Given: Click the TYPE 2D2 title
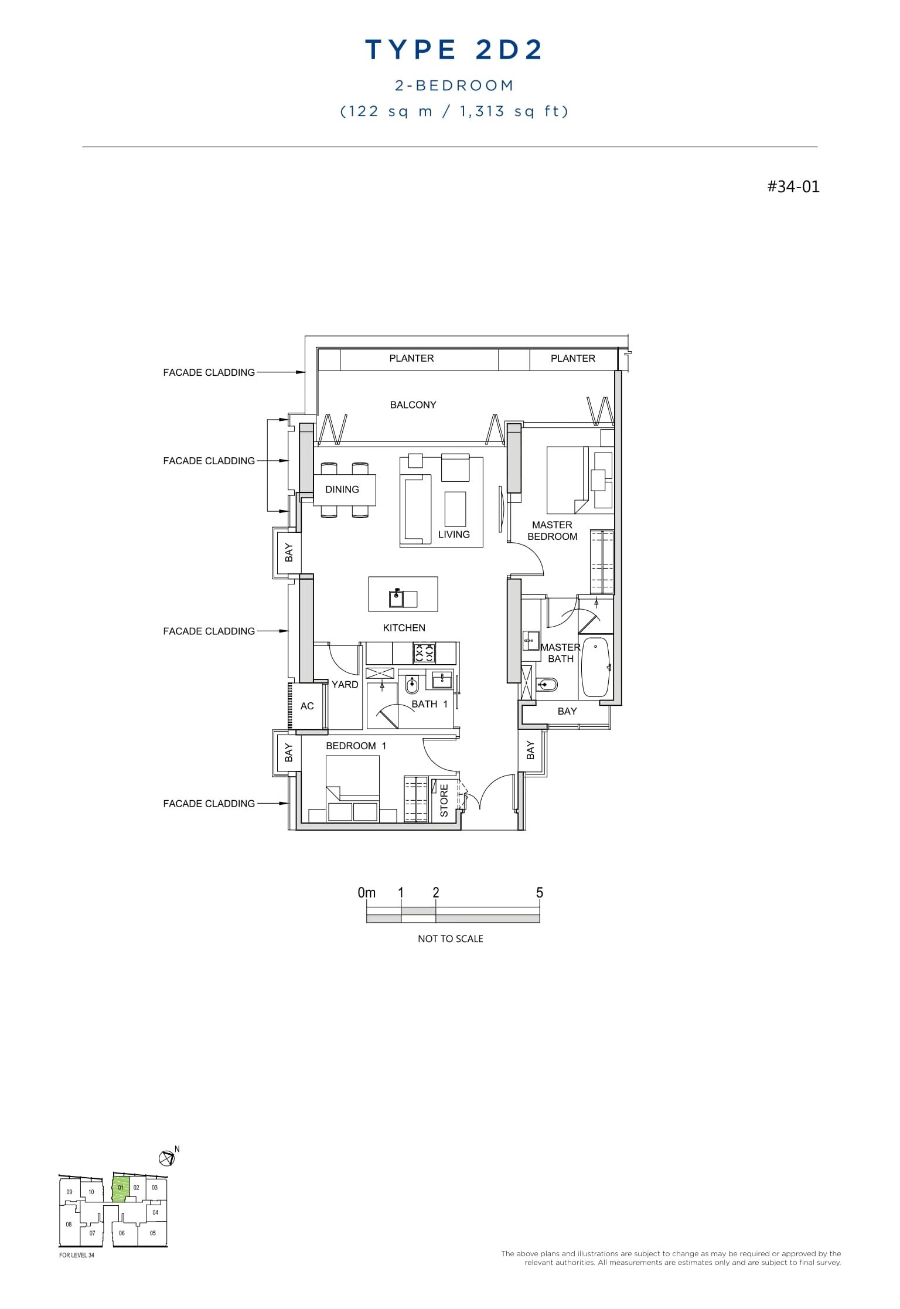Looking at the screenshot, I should [x=454, y=50].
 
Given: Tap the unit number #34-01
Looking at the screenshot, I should [x=793, y=186].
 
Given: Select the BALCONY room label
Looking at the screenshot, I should [x=413, y=404].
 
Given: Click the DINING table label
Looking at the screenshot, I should [x=342, y=489].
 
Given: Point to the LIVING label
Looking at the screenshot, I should [x=454, y=534].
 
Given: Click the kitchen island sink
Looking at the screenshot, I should [x=397, y=599].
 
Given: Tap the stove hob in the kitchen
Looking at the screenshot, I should [x=424, y=652].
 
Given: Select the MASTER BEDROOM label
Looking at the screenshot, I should [x=552, y=531].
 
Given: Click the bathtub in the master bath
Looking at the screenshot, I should [x=596, y=667].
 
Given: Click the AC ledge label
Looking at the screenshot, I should [x=307, y=706].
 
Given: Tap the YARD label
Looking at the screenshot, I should [x=345, y=684].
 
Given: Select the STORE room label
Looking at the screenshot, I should [x=444, y=800].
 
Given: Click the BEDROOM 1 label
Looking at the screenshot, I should [x=356, y=746].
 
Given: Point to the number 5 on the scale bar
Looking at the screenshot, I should [x=539, y=892].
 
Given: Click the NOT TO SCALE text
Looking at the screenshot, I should [x=450, y=939].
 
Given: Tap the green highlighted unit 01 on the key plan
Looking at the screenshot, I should [x=121, y=1189].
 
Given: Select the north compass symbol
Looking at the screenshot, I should [x=167, y=1158].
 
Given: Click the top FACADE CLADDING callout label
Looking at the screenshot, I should [x=209, y=372].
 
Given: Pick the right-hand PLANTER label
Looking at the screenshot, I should [x=572, y=358].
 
